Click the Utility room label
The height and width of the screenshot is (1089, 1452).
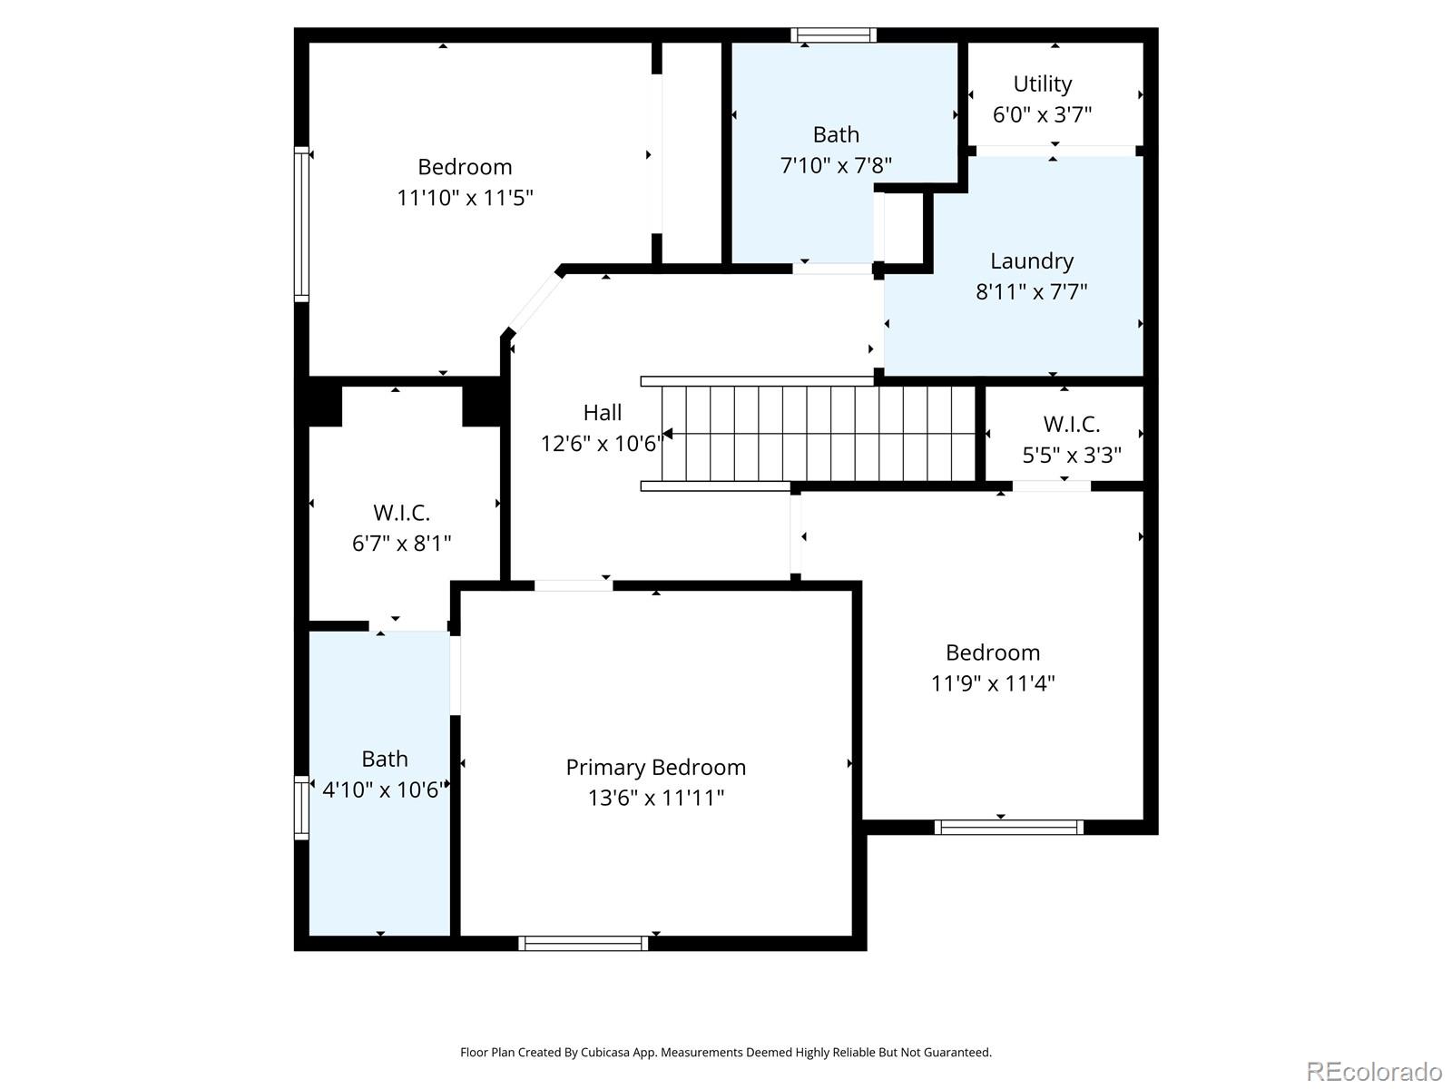coord(1042,84)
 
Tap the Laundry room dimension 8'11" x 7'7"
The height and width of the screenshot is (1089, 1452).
coord(1031,291)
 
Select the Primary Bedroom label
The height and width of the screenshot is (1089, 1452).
coord(655,767)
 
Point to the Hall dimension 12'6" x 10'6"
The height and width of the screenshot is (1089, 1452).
coord(602,443)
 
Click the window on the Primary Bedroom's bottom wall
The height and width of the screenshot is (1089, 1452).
coord(583,944)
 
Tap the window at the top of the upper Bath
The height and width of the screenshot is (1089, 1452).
coord(833,35)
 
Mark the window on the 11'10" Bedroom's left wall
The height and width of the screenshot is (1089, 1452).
coord(301,224)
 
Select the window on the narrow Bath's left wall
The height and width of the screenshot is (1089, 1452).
coord(301,808)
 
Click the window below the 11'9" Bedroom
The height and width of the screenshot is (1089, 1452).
coord(1009,827)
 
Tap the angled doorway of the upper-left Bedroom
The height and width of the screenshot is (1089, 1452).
coord(535,303)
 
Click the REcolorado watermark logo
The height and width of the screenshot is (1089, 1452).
coord(1373,1071)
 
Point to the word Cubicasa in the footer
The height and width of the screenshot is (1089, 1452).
coord(605,1052)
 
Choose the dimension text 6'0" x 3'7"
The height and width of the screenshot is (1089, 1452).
coord(1042,114)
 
